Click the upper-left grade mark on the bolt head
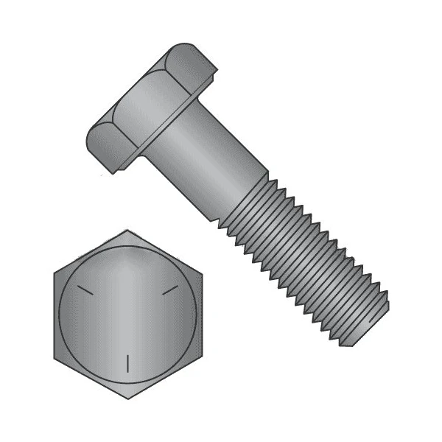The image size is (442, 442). pyautogui.click(x=85, y=290)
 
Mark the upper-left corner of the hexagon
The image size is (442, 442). pyautogui.click(x=55, y=273)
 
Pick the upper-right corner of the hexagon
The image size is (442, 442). pyautogui.click(x=200, y=273)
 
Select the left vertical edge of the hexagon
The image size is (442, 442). pyautogui.click(x=55, y=315)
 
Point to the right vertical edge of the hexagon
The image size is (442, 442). pyautogui.click(x=200, y=315)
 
